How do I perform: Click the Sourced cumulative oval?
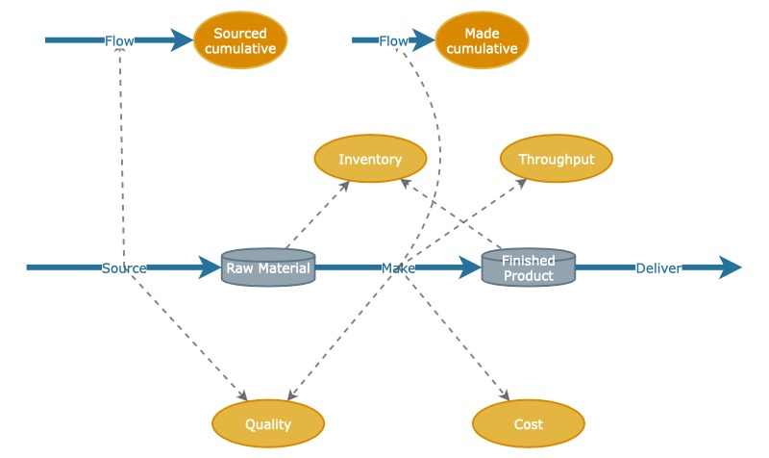(239, 40)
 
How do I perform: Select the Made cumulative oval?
(483, 40)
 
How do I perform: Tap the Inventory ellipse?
(370, 159)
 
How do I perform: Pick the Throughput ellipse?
(556, 159)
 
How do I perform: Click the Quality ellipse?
(267, 423)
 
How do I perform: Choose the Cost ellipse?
(528, 423)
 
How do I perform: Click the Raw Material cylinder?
(268, 267)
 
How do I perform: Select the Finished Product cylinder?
(528, 267)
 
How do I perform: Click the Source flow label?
(124, 267)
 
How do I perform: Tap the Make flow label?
(398, 267)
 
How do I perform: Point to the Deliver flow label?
(657, 267)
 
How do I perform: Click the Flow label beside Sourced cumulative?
(119, 40)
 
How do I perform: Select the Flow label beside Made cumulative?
(393, 40)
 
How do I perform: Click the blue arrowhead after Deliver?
(729, 267)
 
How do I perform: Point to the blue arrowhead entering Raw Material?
(210, 267)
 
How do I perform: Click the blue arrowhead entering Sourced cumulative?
(182, 40)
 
